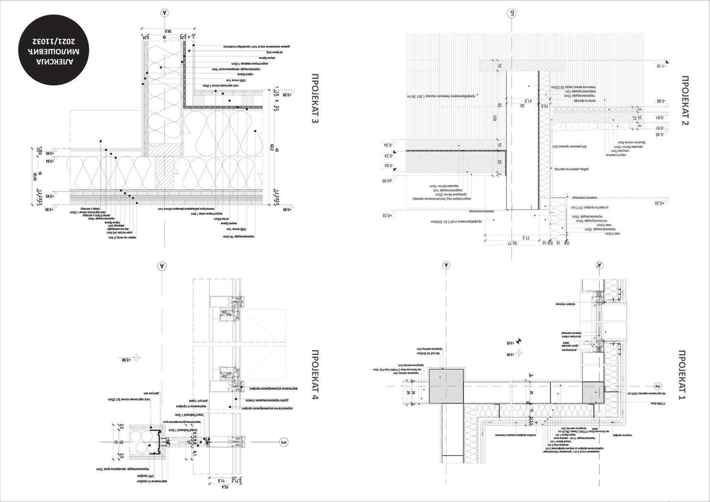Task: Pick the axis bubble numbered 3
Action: pyautogui.click(x=284, y=442)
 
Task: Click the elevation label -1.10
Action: pyautogui.click(x=662, y=65)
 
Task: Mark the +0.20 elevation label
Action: pyautogui.click(x=660, y=203)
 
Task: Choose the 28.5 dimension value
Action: pyautogui.click(x=166, y=31)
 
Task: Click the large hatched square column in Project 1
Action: pyautogui.click(x=446, y=386)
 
